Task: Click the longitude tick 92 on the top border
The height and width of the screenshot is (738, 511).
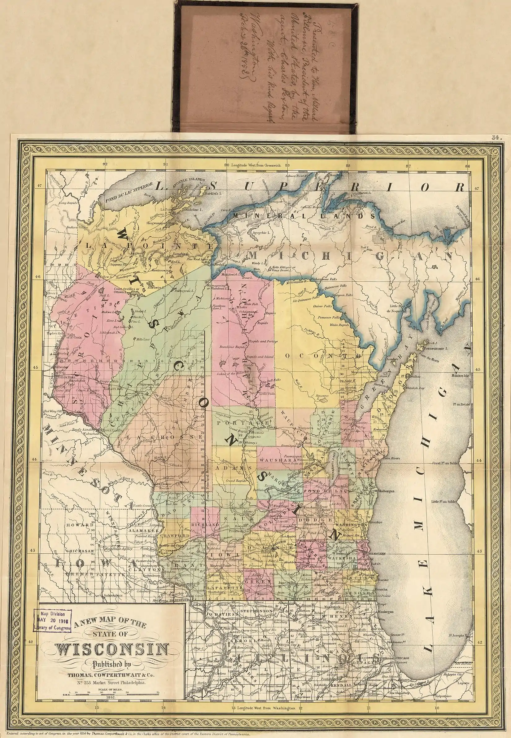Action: (x=105, y=165)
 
